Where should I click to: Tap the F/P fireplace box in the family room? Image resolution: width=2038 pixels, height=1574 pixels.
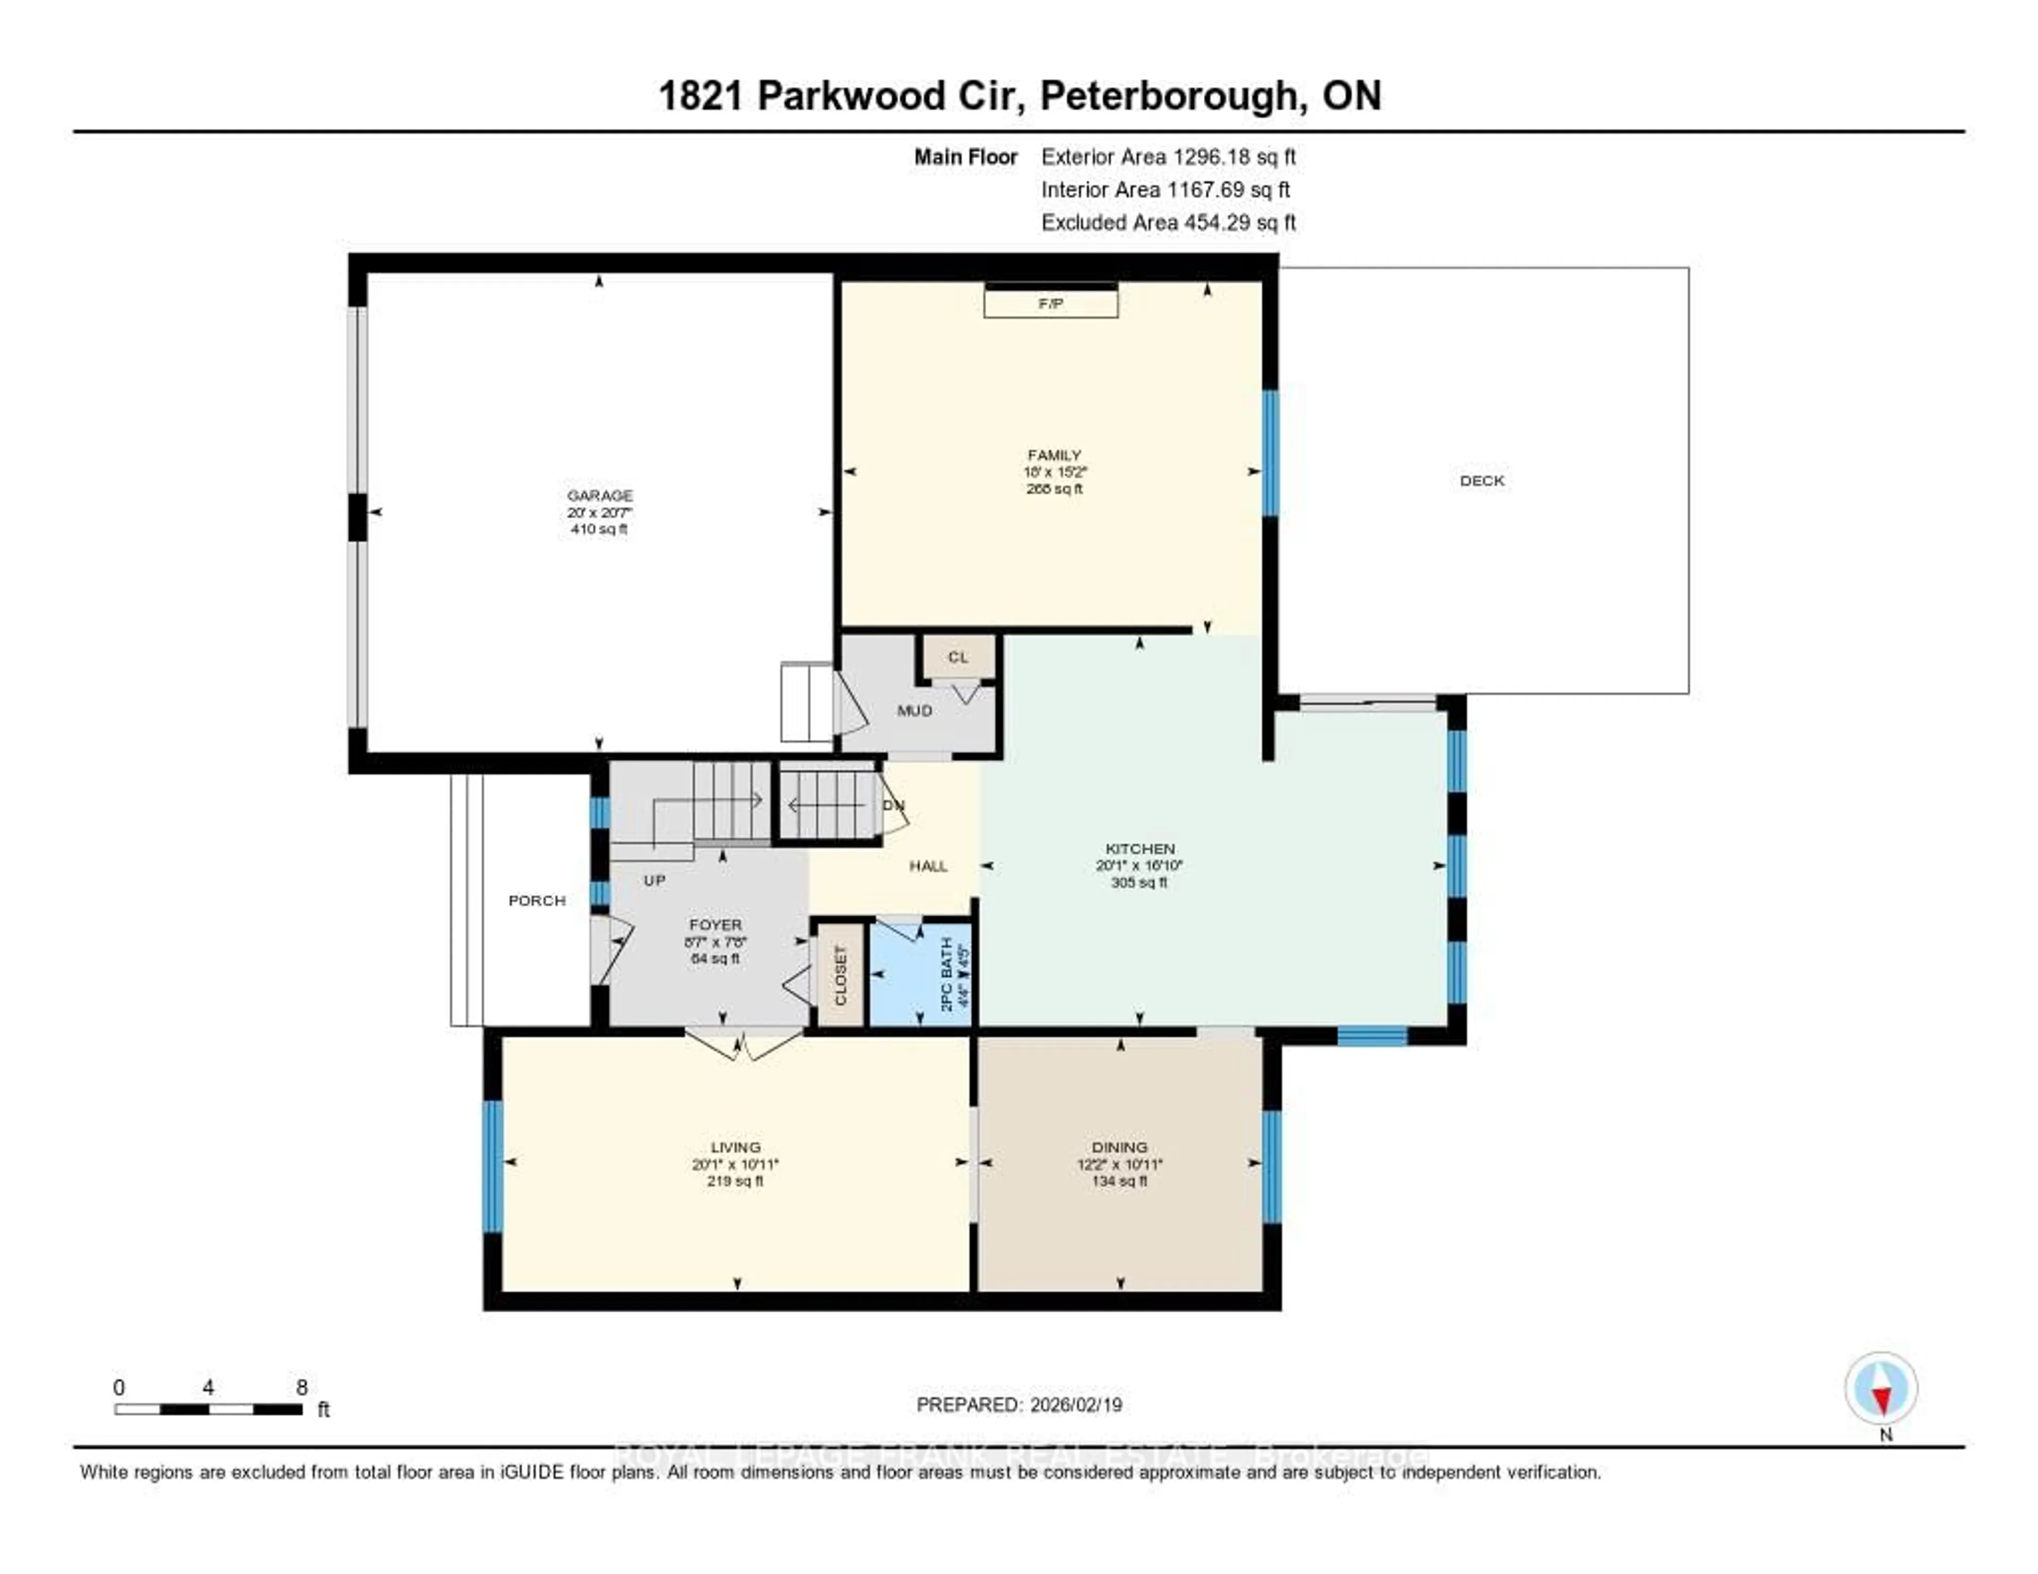point(1051,303)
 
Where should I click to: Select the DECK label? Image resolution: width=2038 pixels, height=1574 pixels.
point(1482,480)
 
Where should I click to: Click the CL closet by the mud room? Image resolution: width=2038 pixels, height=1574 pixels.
point(958,657)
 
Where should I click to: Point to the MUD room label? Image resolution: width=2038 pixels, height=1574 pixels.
point(914,711)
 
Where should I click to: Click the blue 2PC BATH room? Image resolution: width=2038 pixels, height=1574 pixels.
point(919,975)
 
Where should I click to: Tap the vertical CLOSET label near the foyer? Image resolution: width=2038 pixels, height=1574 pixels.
point(840,975)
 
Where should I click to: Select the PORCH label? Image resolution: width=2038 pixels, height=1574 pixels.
point(537,901)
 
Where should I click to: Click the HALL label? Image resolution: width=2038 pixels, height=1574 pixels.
point(928,866)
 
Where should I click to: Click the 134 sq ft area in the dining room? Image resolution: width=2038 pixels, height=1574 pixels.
point(1120,1181)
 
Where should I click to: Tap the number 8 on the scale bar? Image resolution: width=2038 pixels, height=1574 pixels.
point(301,1387)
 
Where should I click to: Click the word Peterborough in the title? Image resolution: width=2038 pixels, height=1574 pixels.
point(1167,96)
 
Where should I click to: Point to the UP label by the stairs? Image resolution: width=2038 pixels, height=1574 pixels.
point(654,880)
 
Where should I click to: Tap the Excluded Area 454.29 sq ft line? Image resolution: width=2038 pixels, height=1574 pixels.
point(1168,222)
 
